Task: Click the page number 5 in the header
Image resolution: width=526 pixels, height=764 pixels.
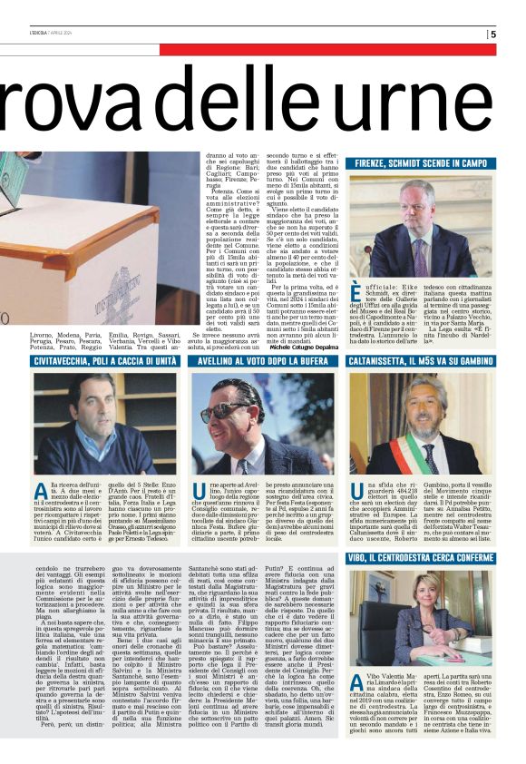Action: click(x=493, y=34)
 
